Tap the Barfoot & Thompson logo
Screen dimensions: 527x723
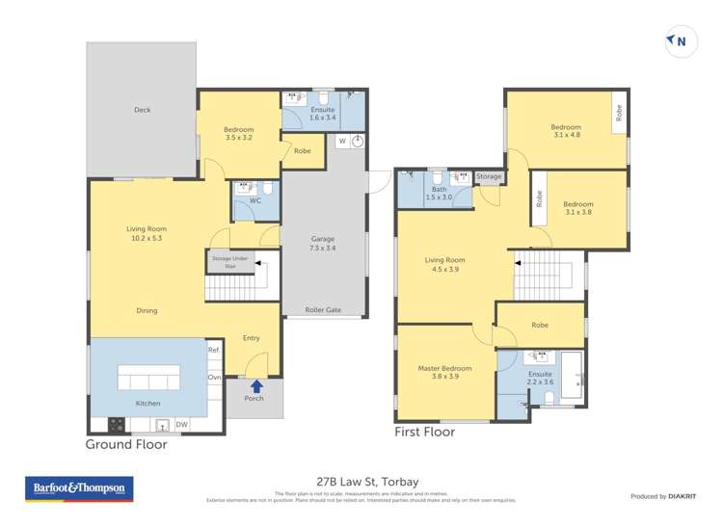click(x=80, y=488)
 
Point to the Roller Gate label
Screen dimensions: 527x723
click(x=324, y=310)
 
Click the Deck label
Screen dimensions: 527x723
click(x=143, y=110)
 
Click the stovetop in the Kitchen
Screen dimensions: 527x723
click(x=118, y=422)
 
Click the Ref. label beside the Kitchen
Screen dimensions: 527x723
click(x=214, y=351)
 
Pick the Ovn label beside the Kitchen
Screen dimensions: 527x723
click(x=214, y=377)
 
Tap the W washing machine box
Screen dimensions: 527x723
click(x=341, y=142)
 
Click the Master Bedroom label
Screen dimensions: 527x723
click(x=444, y=373)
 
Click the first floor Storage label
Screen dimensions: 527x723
click(x=489, y=177)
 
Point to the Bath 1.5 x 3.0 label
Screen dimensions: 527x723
click(x=440, y=193)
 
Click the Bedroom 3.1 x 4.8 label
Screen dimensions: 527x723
click(x=566, y=131)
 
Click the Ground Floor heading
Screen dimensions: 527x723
click(x=126, y=444)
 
